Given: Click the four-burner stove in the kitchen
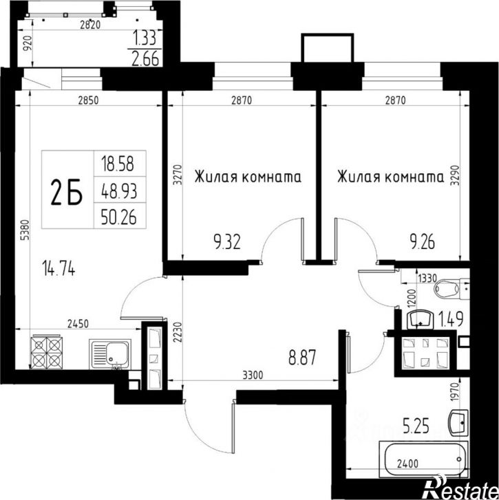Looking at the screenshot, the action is pyautogui.click(x=47, y=352).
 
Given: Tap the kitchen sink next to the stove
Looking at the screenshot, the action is pyautogui.click(x=110, y=354).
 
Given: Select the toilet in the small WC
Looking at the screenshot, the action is pyautogui.click(x=452, y=289).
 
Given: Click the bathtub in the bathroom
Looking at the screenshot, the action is pyautogui.click(x=423, y=459).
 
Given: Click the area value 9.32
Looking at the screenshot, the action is pyautogui.click(x=227, y=242).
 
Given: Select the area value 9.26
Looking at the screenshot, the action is pyautogui.click(x=422, y=242).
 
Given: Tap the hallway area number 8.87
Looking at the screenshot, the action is pyautogui.click(x=302, y=357).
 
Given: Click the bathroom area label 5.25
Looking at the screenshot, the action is pyautogui.click(x=416, y=426).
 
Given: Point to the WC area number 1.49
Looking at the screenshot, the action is pyautogui.click(x=451, y=319).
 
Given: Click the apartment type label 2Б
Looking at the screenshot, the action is pyautogui.click(x=67, y=192).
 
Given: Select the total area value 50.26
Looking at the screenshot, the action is pyautogui.click(x=118, y=217).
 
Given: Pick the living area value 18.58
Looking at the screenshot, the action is pyautogui.click(x=118, y=164).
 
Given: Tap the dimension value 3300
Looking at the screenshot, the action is pyautogui.click(x=253, y=375).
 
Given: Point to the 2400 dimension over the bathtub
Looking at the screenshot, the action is pyautogui.click(x=407, y=463).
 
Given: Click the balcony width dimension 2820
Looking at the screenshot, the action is pyautogui.click(x=90, y=25).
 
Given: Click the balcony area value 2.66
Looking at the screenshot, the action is pyautogui.click(x=145, y=58).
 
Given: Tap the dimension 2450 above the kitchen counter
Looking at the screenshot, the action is pyautogui.click(x=78, y=324).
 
